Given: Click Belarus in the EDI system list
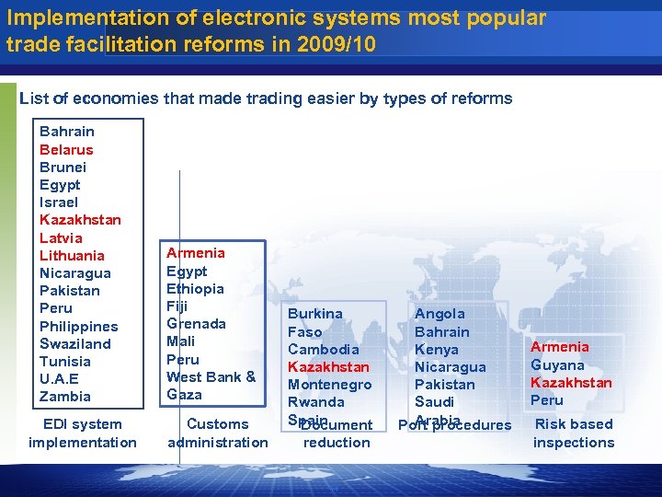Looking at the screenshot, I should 66,149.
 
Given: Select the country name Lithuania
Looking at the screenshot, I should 72,255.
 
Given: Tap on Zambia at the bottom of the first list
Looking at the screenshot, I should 65,396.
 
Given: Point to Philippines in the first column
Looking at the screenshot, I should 78,326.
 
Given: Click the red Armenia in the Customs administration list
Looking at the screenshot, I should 195,252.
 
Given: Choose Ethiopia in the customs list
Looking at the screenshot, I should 195,288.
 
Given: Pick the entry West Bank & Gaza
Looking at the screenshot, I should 211,385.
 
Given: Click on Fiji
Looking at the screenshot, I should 177,306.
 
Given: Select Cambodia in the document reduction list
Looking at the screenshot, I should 323,349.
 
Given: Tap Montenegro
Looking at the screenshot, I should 329,384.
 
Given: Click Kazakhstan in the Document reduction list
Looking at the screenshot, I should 328,366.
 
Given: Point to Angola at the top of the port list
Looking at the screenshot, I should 439,314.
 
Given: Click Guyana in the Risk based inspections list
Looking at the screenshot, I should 557,364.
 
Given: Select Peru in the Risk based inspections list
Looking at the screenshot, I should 546,399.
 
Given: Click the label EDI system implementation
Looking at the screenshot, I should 82,433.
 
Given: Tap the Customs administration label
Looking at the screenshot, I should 218,433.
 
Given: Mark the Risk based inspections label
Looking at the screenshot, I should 574,433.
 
